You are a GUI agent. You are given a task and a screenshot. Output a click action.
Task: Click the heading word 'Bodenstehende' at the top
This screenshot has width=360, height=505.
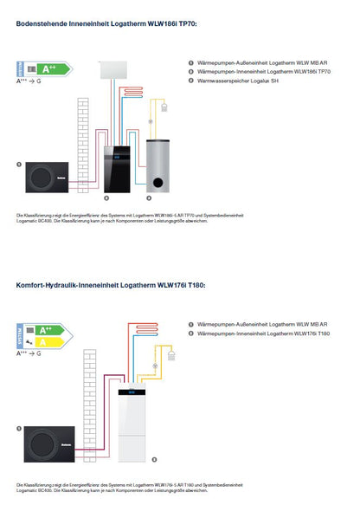click(44, 23)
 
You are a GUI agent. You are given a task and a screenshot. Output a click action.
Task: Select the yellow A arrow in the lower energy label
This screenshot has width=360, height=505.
click(50, 342)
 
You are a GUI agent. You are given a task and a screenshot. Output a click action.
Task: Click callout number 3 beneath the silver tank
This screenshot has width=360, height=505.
click(149, 198)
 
